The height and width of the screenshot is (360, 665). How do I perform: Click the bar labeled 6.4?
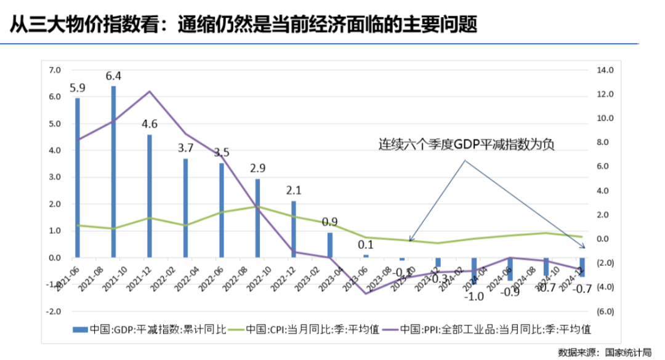click(113, 172)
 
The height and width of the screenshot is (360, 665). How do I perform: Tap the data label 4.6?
click(150, 124)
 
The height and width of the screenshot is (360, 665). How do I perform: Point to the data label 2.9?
click(258, 168)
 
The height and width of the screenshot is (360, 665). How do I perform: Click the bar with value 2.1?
click(294, 229)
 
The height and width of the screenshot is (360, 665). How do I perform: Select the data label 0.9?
click(329, 222)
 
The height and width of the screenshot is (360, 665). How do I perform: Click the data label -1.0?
click(474, 296)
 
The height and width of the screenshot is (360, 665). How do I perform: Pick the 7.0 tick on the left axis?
click(55, 70)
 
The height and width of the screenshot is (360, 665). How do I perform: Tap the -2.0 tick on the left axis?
click(54, 311)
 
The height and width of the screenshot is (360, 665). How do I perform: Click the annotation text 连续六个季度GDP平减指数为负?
click(466, 145)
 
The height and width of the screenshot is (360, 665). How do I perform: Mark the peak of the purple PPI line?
click(150, 92)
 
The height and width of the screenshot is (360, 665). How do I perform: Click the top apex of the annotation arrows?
click(465, 161)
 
